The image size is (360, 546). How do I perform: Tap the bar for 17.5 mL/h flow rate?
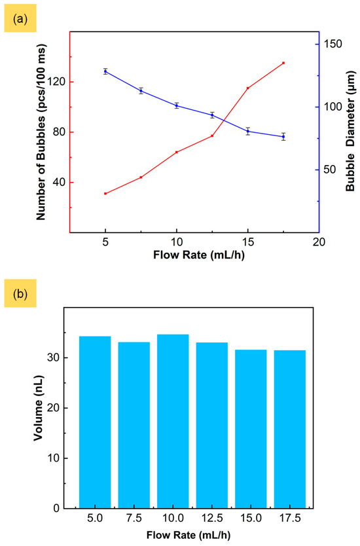coord(289,429)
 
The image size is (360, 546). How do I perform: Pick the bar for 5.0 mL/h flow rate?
coord(95,422)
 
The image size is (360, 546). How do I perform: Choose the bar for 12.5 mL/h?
coord(211,425)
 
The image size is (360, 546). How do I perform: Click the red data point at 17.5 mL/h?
coord(283,63)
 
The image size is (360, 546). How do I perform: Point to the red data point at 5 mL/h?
coord(105,194)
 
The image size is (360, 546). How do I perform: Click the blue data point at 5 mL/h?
coord(105,71)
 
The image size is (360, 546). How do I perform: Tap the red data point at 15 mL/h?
coord(248,88)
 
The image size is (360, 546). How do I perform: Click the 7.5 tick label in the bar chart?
coord(134,519)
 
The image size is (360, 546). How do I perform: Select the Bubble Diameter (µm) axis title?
coord(351,132)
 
